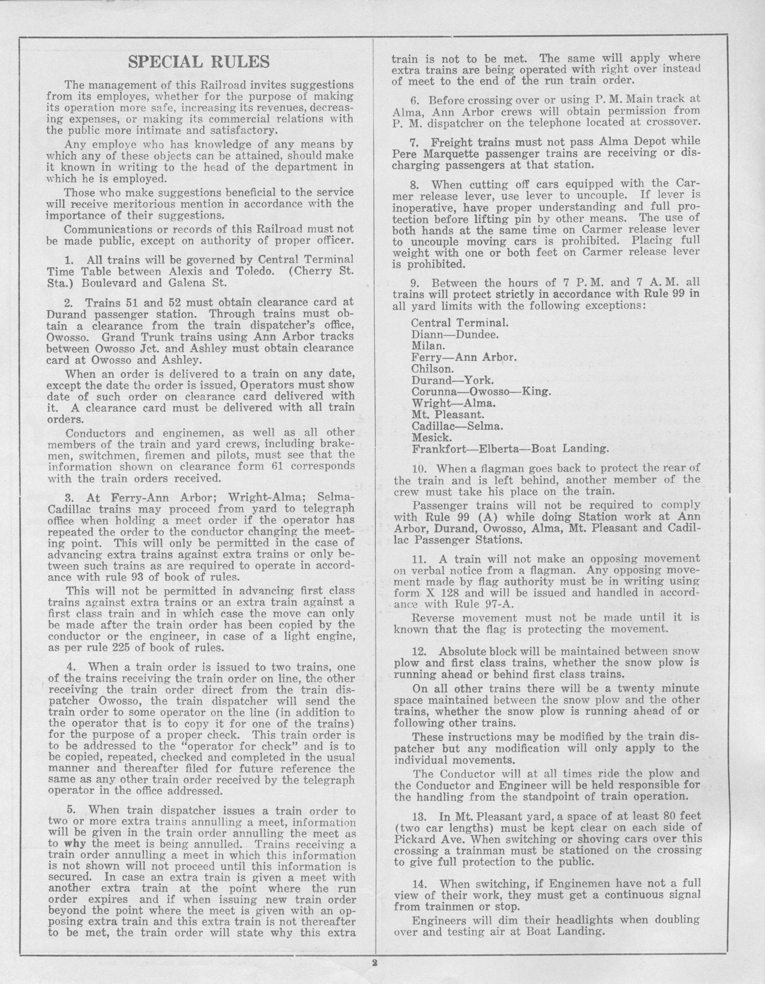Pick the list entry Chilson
[x=431, y=369]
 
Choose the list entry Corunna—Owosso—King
[x=481, y=391]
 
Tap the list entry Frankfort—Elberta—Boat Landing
[x=510, y=449]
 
